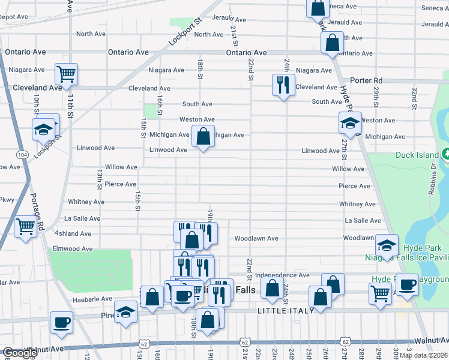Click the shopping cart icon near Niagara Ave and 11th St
pyautogui.click(x=65, y=74)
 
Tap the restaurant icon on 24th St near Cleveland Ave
pyautogui.click(x=282, y=85)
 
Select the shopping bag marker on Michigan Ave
pyautogui.click(x=203, y=136)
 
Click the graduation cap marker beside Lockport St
pyautogui.click(x=44, y=129)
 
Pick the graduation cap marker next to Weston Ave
pyautogui.click(x=349, y=124)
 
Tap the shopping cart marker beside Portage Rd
pyautogui.click(x=25, y=227)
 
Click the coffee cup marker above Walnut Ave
pyautogui.click(x=61, y=322)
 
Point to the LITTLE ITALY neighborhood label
pyautogui.click(x=285, y=311)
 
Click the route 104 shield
pyautogui.click(x=22, y=154)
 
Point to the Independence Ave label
pyautogui.click(x=283, y=275)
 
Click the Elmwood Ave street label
pyautogui.click(x=73, y=248)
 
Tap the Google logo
pyautogui.click(x=20, y=353)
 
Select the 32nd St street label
pyautogui.click(x=414, y=98)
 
